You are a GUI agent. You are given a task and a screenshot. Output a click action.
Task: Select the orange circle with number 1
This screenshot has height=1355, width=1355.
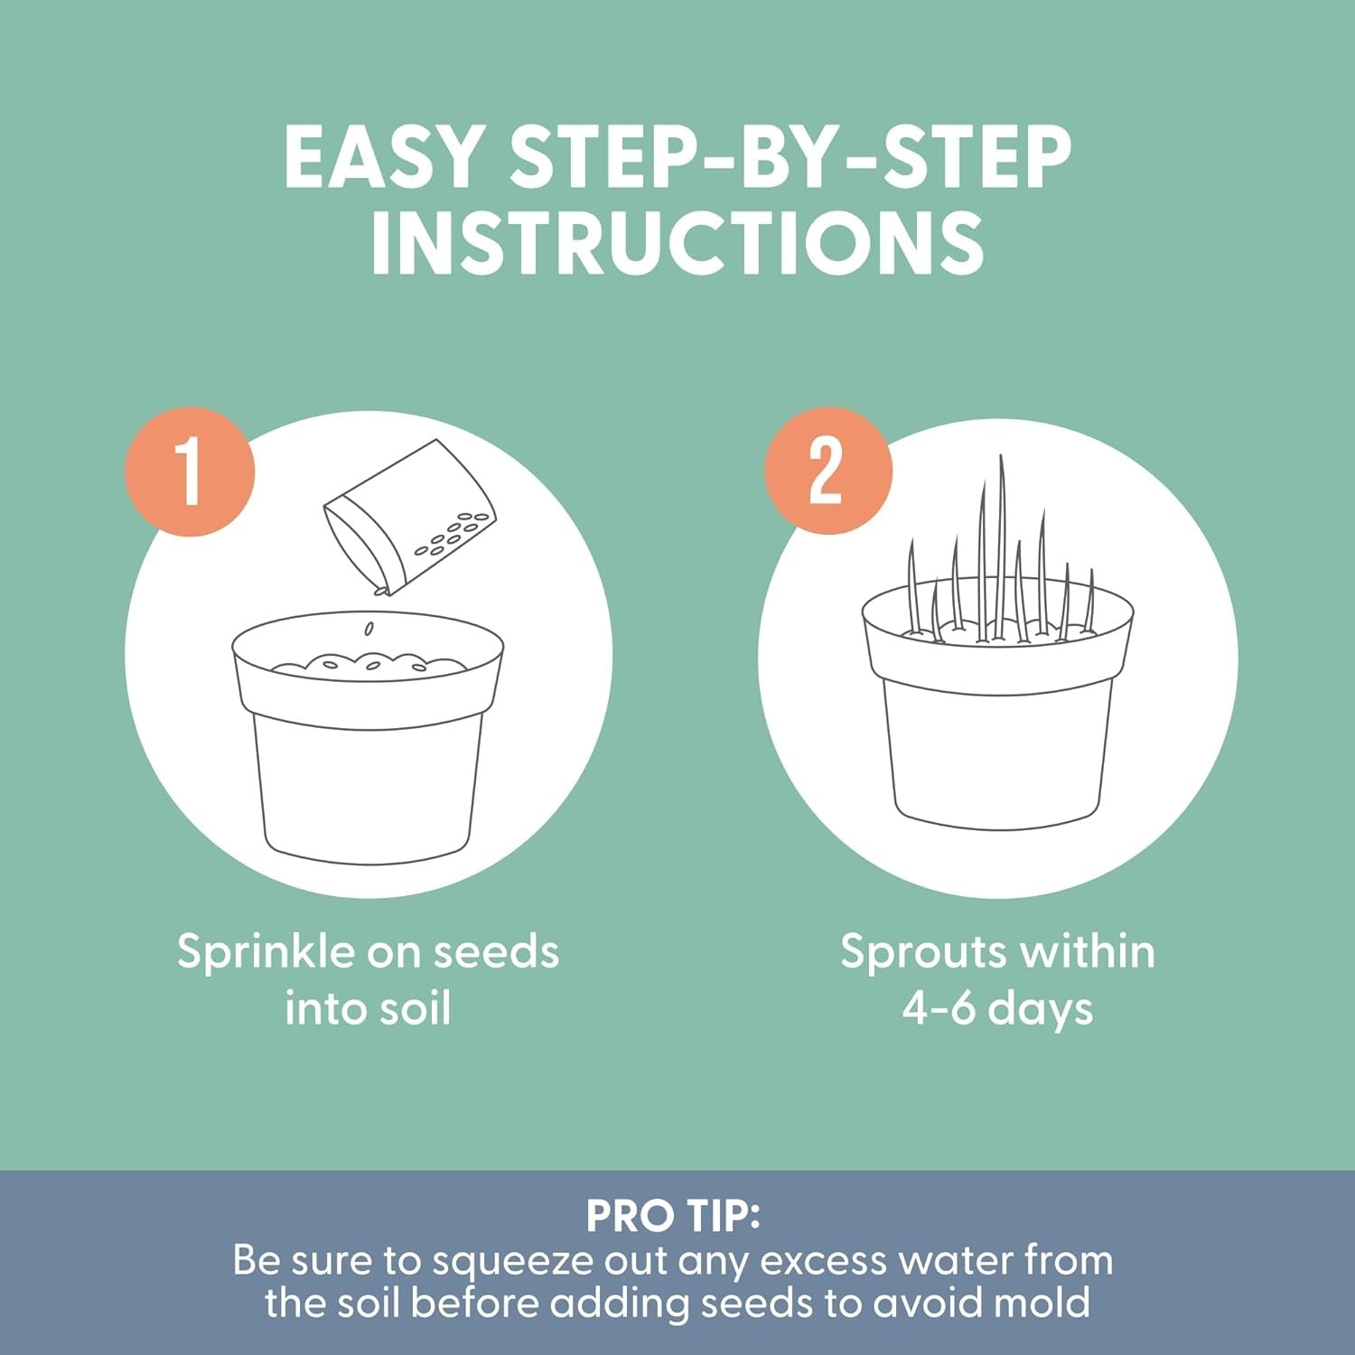[x=190, y=471]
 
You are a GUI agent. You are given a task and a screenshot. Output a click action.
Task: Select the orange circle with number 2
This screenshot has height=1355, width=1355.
[x=828, y=470]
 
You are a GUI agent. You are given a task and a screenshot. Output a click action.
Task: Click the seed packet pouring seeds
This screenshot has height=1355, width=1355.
[x=409, y=517]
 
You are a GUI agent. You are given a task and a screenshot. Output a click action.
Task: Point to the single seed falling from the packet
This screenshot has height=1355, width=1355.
[x=368, y=629]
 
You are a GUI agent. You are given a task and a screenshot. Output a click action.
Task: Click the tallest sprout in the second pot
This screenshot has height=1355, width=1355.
[x=1001, y=547]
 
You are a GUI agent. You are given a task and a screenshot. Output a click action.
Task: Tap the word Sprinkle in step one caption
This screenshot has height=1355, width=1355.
[x=266, y=953]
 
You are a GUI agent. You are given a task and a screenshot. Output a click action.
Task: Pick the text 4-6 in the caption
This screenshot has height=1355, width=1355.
[x=939, y=1008]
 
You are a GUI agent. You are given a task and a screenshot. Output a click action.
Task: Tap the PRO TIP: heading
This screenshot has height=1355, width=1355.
[x=674, y=1216]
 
